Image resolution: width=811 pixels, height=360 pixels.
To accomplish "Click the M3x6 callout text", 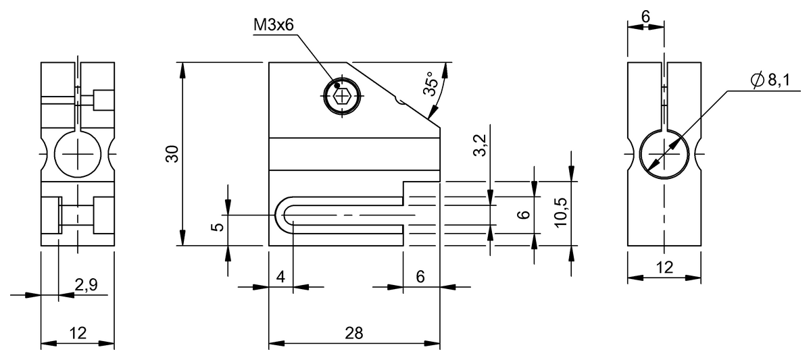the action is pos(273,25).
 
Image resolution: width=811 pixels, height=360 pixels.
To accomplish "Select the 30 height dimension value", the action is pos(172,154).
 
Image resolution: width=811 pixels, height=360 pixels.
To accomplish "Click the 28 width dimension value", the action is pos(353,333).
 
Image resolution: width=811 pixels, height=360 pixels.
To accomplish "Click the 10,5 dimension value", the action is pos(560,212).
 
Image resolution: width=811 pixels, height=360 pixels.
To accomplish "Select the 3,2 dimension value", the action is pos(480,145).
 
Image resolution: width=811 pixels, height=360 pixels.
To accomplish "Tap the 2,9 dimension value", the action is pos(87,285).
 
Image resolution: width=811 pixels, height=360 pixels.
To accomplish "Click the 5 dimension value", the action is pos(218,227).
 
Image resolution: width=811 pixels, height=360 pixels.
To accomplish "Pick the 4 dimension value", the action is pos(280,277).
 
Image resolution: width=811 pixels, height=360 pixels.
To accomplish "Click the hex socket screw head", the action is pos(342,96).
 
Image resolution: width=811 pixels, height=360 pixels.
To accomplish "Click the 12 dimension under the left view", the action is pos(78,333).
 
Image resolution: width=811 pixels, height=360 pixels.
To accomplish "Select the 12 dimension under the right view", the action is pos(664,267).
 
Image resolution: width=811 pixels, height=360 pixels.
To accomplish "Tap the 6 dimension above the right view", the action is pos(645,17).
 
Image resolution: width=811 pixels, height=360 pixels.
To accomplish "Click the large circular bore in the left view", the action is pos(78,154).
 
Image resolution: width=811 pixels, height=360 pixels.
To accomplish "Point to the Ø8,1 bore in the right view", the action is pos(664,154).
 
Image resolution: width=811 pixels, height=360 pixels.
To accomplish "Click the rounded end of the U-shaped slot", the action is pos(280,215).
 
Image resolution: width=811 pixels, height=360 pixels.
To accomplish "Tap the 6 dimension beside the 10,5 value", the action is pos(524,215).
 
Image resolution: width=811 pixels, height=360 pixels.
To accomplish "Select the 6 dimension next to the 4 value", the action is pos(420,277).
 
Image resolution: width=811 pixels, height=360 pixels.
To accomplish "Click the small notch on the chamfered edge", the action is pos(399,101).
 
